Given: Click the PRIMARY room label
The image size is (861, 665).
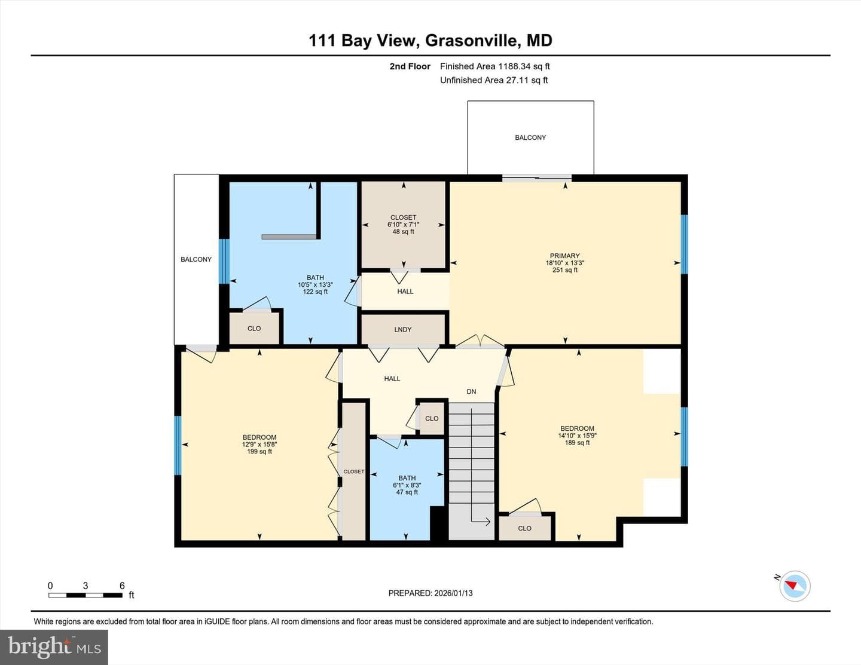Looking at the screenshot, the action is tap(564, 256).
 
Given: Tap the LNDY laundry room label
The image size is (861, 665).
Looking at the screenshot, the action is tap(403, 329).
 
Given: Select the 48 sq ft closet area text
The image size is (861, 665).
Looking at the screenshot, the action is tap(404, 232).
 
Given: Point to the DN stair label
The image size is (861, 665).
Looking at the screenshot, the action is tap(471, 391).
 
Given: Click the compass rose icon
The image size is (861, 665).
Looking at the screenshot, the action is tap(795, 586).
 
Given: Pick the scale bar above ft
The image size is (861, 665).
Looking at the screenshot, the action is tap(85, 595).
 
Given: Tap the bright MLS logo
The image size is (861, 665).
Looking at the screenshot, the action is tap(54, 647).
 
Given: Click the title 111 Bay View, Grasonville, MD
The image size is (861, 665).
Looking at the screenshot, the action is tap(430, 41).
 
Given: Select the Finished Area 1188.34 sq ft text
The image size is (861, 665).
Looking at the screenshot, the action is tap(495, 66).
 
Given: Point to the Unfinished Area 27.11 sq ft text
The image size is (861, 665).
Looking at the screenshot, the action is tap(494, 80).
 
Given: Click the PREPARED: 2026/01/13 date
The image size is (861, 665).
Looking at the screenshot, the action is tap(430, 593).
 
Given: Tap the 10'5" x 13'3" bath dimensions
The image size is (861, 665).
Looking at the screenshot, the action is tap(315, 284).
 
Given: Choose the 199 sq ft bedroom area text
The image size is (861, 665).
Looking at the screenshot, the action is tap(259, 451).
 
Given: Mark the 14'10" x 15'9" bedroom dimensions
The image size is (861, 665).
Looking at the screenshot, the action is tap(578, 436).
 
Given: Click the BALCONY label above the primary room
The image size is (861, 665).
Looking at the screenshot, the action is tap(530, 137).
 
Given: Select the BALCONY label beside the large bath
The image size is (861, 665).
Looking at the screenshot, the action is tap(196, 259).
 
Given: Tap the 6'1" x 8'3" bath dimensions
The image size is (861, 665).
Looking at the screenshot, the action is tap(407, 485).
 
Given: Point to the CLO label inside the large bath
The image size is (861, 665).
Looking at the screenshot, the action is tap(254, 328).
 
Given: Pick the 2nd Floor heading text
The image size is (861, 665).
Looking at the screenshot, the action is tap(410, 66).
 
